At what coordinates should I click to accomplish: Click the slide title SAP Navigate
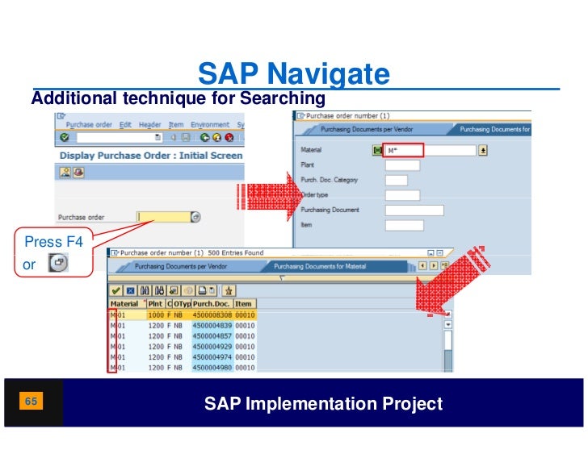pos(293,75)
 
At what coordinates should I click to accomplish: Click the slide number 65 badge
pos(31,401)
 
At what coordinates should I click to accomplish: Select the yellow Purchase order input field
pos(164,216)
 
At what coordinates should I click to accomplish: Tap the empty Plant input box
pos(402,165)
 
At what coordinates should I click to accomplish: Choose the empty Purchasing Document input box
pos(414,210)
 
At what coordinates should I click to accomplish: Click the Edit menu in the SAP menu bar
pos(125,125)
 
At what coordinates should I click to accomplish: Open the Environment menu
pos(209,125)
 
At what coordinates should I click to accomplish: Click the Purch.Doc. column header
pos(212,303)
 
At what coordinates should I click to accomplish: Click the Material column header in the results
pos(124,303)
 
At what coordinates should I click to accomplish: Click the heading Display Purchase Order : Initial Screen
pos(151,155)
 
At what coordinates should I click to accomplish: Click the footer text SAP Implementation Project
pos(323,404)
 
